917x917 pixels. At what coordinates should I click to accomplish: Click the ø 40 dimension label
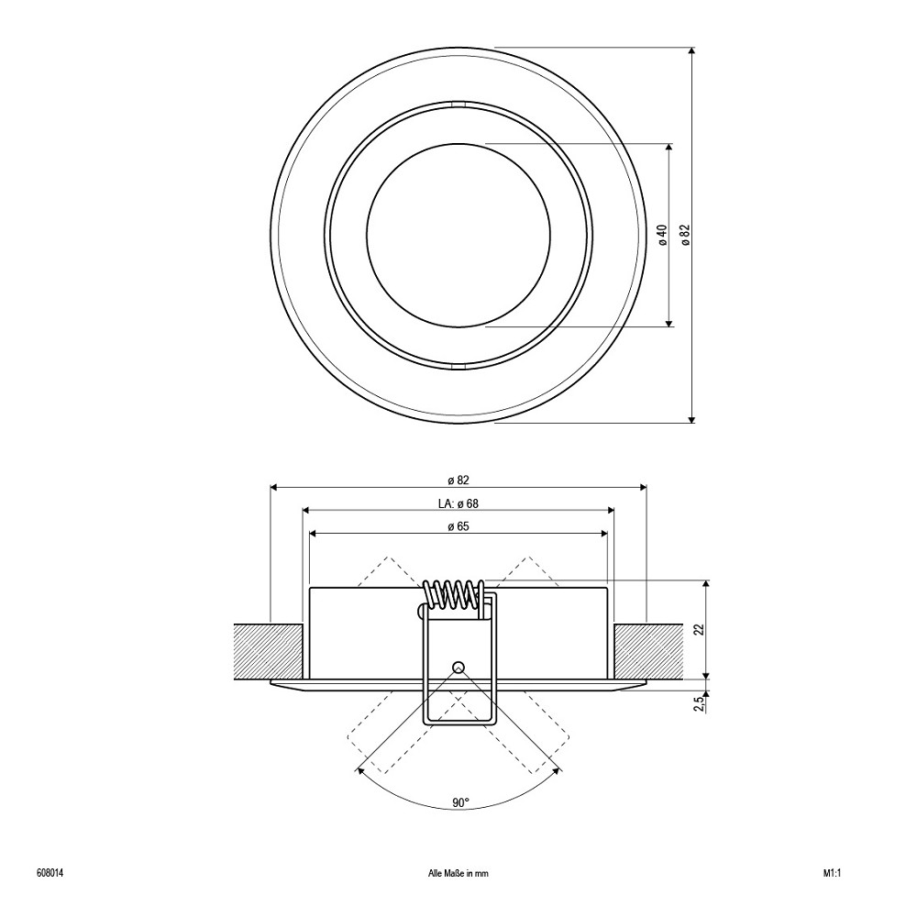pos(662,235)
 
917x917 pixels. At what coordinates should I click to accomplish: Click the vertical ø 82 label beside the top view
pos(685,235)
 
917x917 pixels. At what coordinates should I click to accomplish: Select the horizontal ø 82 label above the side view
pos(458,481)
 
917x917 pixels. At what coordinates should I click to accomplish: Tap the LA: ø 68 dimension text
pos(458,503)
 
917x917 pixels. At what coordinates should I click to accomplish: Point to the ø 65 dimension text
pos(458,526)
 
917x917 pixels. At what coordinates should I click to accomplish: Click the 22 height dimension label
pos(700,629)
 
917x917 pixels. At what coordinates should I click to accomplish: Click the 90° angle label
pos(461,802)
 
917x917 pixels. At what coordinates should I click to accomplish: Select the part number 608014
pos(50,874)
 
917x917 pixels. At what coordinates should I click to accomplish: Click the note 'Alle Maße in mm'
pos(458,874)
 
